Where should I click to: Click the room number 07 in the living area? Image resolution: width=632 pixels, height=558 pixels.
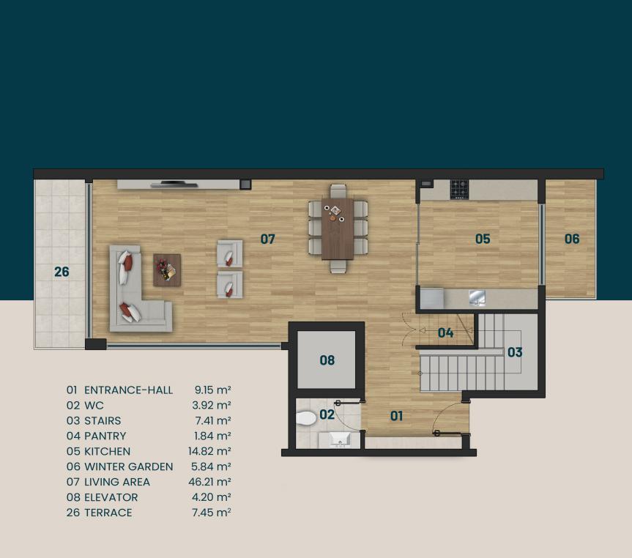(267, 239)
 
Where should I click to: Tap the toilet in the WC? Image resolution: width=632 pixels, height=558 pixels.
(306, 418)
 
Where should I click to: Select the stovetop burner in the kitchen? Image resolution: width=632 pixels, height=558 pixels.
(459, 190)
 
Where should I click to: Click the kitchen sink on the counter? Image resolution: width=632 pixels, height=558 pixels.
(477, 297)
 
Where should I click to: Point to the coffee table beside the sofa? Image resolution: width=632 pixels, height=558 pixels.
(167, 270)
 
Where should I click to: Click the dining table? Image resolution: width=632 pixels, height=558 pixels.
(338, 228)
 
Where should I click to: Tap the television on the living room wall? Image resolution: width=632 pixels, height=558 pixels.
(174, 185)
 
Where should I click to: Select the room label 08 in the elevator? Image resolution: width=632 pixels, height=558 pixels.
(327, 360)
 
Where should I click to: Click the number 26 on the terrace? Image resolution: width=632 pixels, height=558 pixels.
(62, 272)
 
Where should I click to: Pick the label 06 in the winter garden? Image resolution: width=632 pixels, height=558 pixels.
(571, 239)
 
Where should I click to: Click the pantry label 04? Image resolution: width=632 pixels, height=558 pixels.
(445, 332)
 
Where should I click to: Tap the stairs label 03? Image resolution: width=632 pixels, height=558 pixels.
(515, 352)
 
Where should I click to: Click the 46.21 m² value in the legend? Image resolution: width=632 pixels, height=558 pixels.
(209, 482)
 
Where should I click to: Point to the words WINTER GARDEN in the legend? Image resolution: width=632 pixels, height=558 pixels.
(129, 466)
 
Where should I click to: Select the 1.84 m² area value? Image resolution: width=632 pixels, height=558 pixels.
(212, 436)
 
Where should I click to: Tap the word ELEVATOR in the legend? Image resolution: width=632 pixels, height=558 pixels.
(111, 497)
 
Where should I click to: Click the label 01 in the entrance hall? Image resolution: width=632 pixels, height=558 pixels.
(396, 416)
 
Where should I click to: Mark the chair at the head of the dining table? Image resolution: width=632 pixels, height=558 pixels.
(338, 190)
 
